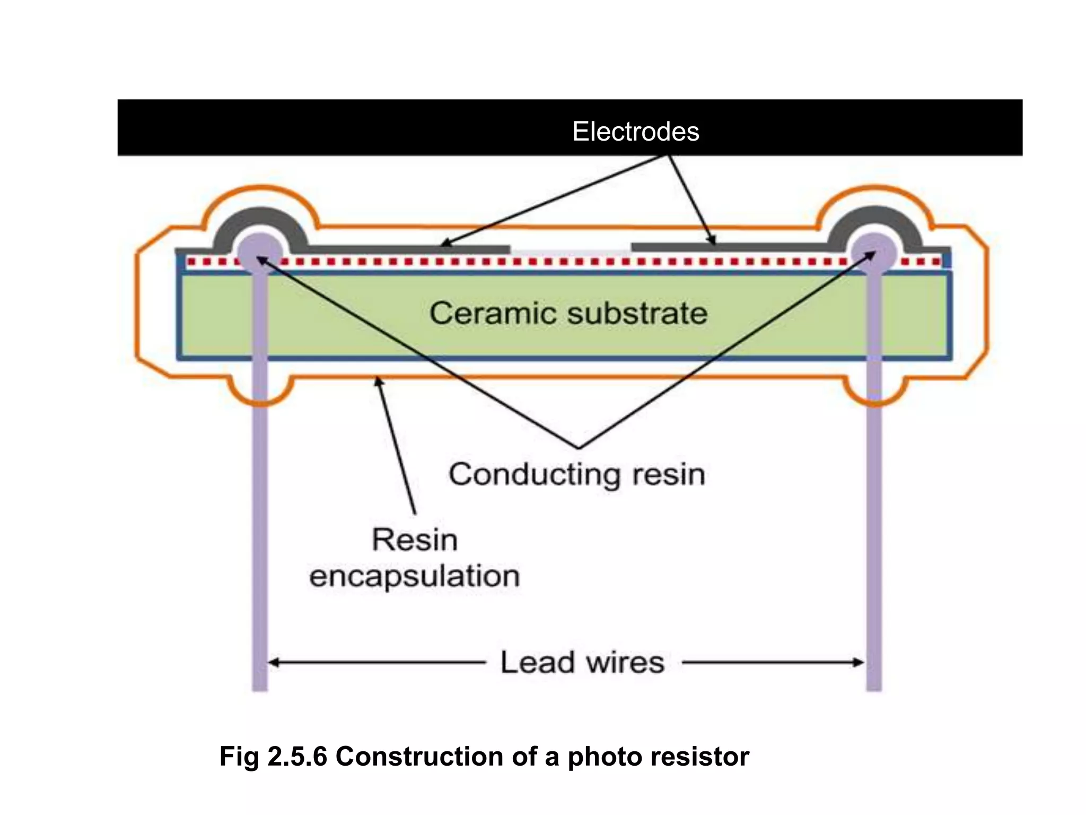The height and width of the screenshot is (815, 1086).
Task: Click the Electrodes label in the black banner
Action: [x=635, y=131]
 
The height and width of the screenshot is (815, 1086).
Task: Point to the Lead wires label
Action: [x=582, y=662]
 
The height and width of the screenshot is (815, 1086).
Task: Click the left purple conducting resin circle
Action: [x=260, y=252]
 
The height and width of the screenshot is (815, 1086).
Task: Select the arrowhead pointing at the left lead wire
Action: [x=274, y=662]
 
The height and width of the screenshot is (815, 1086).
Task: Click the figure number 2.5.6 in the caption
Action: [x=297, y=756]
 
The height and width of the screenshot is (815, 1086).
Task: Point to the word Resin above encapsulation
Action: [x=414, y=540]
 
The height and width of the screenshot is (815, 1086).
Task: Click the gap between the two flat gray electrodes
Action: [x=571, y=249]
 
